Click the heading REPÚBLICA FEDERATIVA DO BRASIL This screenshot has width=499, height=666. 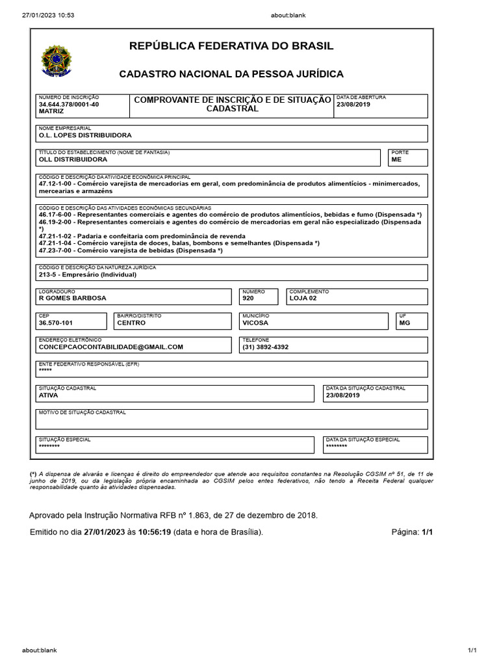232,46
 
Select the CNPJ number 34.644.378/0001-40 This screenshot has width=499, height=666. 69,104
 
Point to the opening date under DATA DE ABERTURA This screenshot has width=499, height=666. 353,104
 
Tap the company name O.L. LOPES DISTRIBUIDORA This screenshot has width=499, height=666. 85,135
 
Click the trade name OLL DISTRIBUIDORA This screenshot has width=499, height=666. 73,159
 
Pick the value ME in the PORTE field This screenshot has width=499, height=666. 396,159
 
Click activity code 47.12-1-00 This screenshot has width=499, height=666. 58,183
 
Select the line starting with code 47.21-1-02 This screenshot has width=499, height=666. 142,236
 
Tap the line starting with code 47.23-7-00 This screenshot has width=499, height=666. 131,250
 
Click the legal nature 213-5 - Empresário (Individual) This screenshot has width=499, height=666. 88,274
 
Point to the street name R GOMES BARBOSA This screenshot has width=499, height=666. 73,299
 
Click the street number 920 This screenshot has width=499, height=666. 248,299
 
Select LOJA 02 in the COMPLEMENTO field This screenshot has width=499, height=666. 303,299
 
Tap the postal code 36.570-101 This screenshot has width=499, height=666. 56,323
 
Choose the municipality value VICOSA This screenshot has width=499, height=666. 255,323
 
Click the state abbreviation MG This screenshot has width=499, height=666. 405,323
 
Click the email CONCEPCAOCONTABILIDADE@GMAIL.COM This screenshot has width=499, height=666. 111,347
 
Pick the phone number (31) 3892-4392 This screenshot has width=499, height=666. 266,347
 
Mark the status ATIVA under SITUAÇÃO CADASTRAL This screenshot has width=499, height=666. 49,395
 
